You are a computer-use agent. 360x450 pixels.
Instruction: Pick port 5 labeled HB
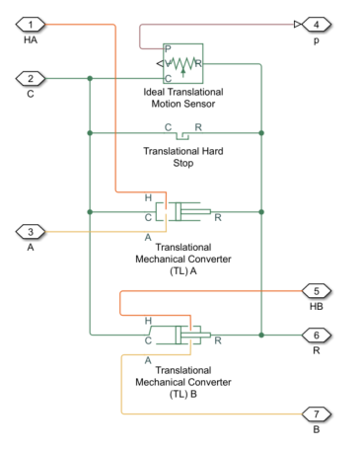pos(316,291)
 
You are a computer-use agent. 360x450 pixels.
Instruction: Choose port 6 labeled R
pos(316,335)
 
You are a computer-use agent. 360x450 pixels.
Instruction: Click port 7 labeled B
pos(316,413)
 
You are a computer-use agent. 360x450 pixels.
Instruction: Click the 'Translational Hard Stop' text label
pos(177,157)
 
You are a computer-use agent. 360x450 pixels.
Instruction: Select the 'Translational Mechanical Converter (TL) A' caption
pos(177,260)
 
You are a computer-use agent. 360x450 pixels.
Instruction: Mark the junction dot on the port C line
pos(90,77)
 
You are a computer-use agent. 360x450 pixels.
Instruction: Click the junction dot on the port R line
pos(261,335)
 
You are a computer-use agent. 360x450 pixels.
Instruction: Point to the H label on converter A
pos(148,197)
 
